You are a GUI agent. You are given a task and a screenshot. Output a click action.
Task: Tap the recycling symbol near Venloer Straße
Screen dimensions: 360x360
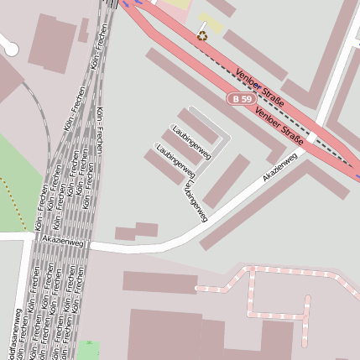pyautogui.click(x=202, y=35)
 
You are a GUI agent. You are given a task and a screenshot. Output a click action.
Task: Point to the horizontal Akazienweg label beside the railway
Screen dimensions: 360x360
pyautogui.click(x=63, y=241)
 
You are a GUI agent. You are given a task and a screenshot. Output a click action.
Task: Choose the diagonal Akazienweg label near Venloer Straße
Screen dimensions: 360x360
pyautogui.click(x=279, y=168)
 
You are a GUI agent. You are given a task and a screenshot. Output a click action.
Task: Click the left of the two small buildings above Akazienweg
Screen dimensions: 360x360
pyautogui.click(x=125, y=233)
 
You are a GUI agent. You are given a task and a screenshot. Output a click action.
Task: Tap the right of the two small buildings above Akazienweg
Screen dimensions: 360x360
pyautogui.click(x=147, y=229)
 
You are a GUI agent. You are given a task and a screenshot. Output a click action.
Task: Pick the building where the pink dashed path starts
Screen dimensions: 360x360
pyautogui.click(x=159, y=281)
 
